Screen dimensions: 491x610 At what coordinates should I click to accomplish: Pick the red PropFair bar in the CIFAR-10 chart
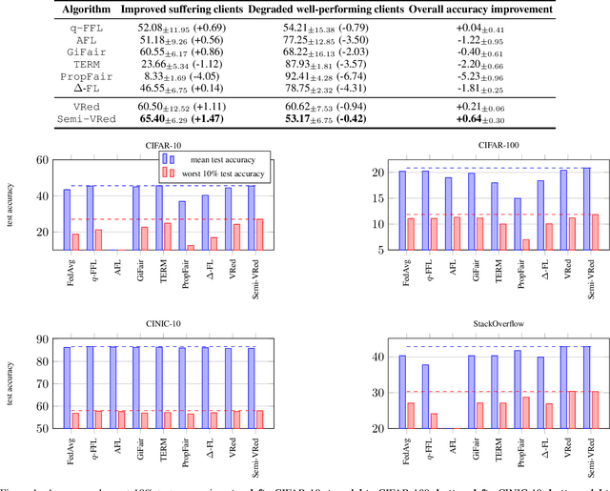pos(191,248)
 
